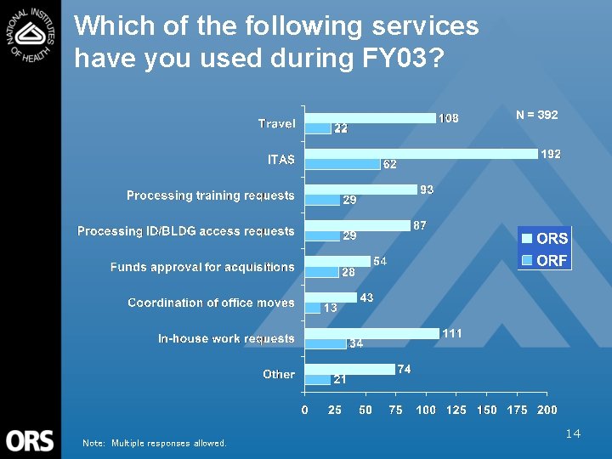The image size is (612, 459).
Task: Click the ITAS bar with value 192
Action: pos(422,154)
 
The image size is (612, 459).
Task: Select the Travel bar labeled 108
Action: pos(371,118)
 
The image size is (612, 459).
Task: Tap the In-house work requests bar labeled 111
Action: pos(372,333)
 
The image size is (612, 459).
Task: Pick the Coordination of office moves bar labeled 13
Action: pos(313,308)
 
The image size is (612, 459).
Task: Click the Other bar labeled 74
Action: pos(350,369)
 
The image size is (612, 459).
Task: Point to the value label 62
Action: pos(390,164)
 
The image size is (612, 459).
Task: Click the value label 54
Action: pos(381,262)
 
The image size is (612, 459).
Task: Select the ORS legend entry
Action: pos(545,239)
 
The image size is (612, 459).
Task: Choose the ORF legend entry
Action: pos(545,261)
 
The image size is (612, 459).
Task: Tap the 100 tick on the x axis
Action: pos(426,410)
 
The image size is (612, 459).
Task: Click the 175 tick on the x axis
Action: pos(517,410)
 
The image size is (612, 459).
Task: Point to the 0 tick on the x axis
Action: pos(305,410)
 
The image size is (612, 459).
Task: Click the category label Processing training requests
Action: pos(210,195)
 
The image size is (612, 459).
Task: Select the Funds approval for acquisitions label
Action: pos(202,267)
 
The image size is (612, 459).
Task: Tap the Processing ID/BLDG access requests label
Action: pos(185,231)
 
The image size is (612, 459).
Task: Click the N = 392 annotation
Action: pos(537,115)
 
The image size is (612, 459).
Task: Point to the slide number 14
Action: pos(573,434)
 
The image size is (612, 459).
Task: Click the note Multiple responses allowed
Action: pos(155,443)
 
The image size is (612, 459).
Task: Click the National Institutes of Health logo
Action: pos(30,33)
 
